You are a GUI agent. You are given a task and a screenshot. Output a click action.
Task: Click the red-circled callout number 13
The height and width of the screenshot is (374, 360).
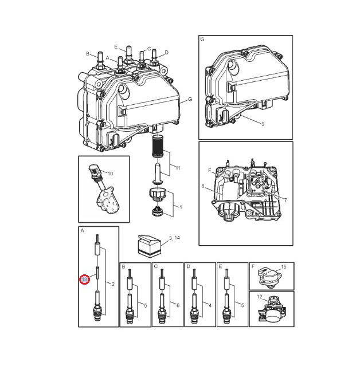pyautogui.click(x=84, y=279)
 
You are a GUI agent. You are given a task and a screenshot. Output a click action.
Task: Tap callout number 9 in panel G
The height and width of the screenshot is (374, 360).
pyautogui.click(x=263, y=124)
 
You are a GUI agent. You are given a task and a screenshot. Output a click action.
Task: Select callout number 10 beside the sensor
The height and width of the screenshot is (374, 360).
pyautogui.click(x=110, y=174)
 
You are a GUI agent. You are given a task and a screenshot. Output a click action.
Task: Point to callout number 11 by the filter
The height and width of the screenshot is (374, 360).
pyautogui.click(x=178, y=168)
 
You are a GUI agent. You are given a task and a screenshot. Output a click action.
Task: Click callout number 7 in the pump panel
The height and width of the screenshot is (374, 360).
pyautogui.click(x=285, y=200)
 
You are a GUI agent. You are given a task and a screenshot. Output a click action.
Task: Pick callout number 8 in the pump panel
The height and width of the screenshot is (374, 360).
pyautogui.click(x=203, y=186)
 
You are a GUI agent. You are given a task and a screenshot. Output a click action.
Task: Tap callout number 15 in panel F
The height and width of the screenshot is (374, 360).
pyautogui.click(x=283, y=267)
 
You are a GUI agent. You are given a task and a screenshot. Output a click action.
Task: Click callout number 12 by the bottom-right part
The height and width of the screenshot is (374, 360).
pyautogui.click(x=260, y=297)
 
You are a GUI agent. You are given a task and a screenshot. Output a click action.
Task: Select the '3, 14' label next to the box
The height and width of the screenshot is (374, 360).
pyautogui.click(x=174, y=238)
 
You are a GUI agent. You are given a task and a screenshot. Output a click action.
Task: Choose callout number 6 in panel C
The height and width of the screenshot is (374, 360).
pyautogui.click(x=178, y=305)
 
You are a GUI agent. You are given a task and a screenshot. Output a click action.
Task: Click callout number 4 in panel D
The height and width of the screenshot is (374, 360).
pyautogui.click(x=210, y=305)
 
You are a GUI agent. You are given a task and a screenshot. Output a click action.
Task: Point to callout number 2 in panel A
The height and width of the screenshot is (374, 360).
pyautogui.click(x=113, y=284)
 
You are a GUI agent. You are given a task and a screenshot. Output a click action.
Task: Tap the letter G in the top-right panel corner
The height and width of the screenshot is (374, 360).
pyautogui.click(x=202, y=40)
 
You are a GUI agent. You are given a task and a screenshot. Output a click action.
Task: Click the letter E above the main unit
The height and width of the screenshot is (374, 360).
pyautogui.click(x=116, y=47)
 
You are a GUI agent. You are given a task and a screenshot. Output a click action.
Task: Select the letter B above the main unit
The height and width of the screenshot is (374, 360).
pyautogui.click(x=88, y=54)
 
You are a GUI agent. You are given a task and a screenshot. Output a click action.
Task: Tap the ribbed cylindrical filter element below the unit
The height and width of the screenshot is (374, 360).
pyautogui.click(x=157, y=146)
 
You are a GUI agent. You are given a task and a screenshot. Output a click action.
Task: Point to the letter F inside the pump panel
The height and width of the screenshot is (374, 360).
pyautogui.click(x=210, y=171)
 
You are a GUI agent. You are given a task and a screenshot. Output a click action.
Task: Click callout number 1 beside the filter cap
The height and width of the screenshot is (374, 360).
pyautogui.click(x=181, y=207)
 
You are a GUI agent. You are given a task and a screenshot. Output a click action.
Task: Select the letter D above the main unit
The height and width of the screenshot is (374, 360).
pyautogui.click(x=167, y=53)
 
